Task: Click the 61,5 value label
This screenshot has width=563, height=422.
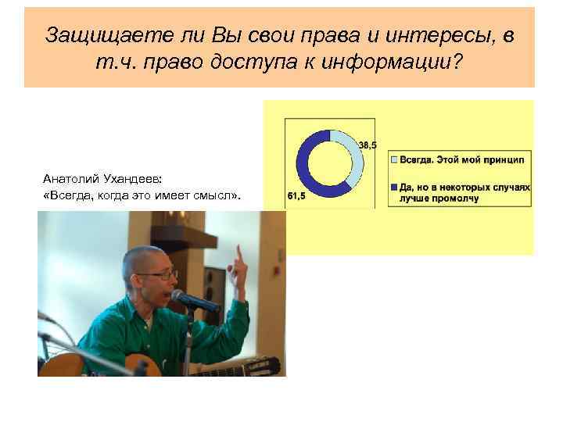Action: tap(296, 196)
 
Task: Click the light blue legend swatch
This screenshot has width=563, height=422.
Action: tap(393, 159)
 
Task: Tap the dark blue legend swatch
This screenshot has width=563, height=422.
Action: tap(393, 188)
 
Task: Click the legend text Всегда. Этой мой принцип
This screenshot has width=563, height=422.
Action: tap(462, 159)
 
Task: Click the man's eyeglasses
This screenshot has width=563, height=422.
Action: tap(163, 275)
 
